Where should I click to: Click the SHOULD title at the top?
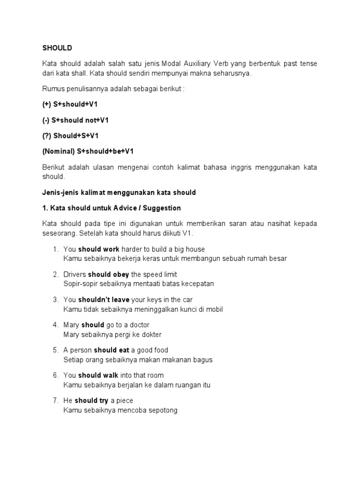point(57,48)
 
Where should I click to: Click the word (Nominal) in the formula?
point(58,151)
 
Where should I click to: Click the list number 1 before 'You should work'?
point(55,249)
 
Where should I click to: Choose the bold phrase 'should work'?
point(99,249)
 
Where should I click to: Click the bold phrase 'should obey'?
point(108,275)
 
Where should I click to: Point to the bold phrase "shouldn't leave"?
point(104,300)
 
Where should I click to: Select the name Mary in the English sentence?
point(71,325)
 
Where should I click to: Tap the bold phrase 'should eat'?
point(112,350)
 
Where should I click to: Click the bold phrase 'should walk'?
point(98,375)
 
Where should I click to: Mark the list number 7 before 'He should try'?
point(55,401)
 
